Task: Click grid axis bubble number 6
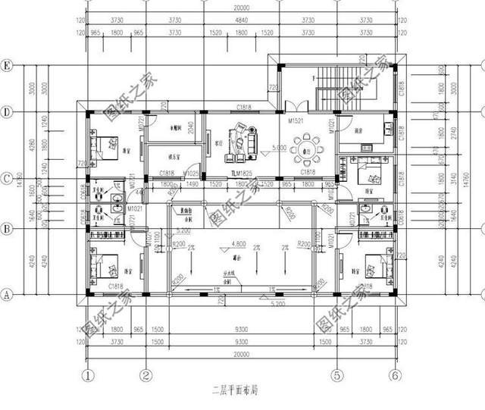(x=394, y=374)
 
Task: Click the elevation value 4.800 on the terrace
(x=237, y=244)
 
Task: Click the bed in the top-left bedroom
(x=104, y=142)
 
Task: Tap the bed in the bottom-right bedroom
(x=372, y=267)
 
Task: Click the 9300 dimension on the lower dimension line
(x=240, y=343)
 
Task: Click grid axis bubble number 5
(x=333, y=374)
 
